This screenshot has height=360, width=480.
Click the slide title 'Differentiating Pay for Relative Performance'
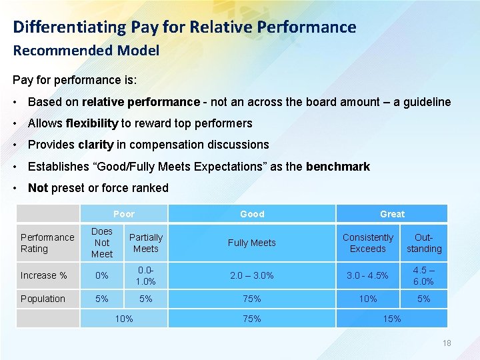click(x=185, y=27)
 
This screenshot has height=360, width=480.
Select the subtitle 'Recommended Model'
click(x=86, y=51)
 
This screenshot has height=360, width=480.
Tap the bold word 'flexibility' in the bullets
click(x=92, y=123)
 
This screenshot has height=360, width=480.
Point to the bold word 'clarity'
click(x=95, y=145)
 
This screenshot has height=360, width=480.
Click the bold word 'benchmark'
click(x=338, y=167)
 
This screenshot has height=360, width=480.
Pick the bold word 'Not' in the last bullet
click(x=38, y=188)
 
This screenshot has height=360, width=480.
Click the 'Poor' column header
click(x=124, y=214)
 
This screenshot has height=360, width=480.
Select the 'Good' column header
click(x=252, y=214)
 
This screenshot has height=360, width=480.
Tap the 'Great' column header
click(x=392, y=214)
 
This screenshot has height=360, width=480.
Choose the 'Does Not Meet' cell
click(x=102, y=243)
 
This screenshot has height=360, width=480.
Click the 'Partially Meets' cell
click(x=145, y=243)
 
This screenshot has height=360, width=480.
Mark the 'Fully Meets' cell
click(x=251, y=243)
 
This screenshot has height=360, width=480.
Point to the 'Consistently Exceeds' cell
click(x=368, y=243)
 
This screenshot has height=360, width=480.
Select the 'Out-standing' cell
click(x=424, y=243)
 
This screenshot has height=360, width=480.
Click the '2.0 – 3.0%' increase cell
click(x=251, y=275)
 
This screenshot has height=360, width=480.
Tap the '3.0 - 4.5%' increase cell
click(x=368, y=275)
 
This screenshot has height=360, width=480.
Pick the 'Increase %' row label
click(x=43, y=275)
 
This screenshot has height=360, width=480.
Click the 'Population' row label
click(x=43, y=299)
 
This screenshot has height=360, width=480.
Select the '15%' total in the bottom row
click(x=392, y=319)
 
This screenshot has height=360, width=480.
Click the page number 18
click(x=447, y=343)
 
